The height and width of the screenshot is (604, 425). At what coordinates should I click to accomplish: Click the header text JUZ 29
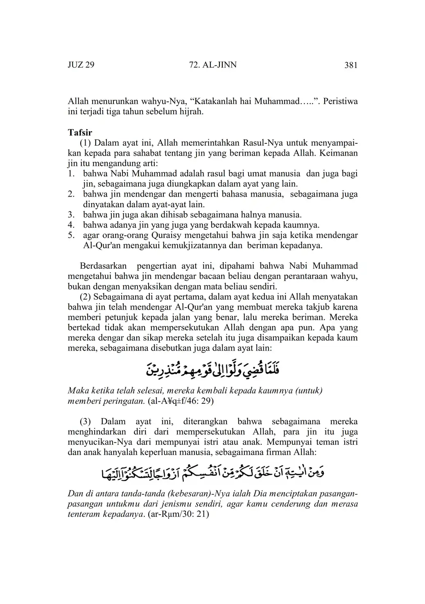click(81, 65)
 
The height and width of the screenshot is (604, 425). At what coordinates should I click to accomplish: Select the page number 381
click(351, 65)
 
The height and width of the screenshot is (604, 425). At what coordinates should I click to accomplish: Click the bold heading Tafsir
click(80, 133)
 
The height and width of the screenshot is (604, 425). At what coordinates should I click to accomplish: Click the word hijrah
click(192, 111)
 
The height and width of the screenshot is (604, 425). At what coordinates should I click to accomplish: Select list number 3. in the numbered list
click(71, 215)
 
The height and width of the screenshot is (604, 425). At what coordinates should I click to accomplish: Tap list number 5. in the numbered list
click(71, 235)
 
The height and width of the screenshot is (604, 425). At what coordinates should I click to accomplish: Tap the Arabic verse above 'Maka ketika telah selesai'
click(212, 369)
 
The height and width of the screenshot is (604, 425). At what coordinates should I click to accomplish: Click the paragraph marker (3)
click(86, 421)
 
